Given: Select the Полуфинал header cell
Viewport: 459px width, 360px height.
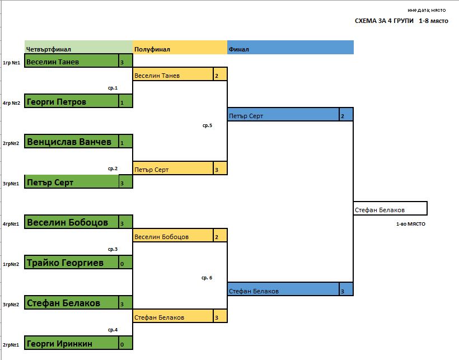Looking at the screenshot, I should click(x=152, y=49).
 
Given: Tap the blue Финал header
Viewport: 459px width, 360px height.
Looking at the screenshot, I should click(x=239, y=49).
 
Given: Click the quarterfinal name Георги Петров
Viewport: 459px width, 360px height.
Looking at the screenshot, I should click(x=57, y=102).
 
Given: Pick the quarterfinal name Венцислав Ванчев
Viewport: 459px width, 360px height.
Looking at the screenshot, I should click(x=69, y=142).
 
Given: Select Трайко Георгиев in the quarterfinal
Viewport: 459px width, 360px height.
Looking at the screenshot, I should click(x=65, y=263).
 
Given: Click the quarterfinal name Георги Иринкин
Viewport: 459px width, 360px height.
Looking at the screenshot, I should click(x=59, y=343).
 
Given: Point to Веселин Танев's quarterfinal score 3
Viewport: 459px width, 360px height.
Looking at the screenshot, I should click(x=122, y=62).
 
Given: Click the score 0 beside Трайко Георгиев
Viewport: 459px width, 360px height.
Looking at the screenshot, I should click(x=122, y=263).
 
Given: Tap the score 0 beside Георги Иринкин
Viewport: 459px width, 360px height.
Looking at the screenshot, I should click(x=122, y=344).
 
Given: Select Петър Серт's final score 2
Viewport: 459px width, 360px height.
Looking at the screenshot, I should click(x=342, y=116).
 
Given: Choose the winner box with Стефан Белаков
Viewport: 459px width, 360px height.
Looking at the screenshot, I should click(x=390, y=210).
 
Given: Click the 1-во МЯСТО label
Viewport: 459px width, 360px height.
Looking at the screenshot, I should click(x=410, y=224).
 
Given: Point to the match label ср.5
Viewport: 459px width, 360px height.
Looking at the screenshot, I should click(x=207, y=125).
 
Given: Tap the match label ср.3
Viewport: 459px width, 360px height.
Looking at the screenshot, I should click(x=113, y=249).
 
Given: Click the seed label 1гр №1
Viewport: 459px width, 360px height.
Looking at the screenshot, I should click(x=11, y=63).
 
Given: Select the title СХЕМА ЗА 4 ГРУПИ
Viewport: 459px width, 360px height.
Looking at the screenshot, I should click(x=384, y=21).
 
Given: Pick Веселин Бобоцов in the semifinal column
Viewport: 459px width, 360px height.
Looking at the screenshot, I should click(x=162, y=237).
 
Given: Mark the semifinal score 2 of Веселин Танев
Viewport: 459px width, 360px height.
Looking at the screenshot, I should click(x=216, y=76).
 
